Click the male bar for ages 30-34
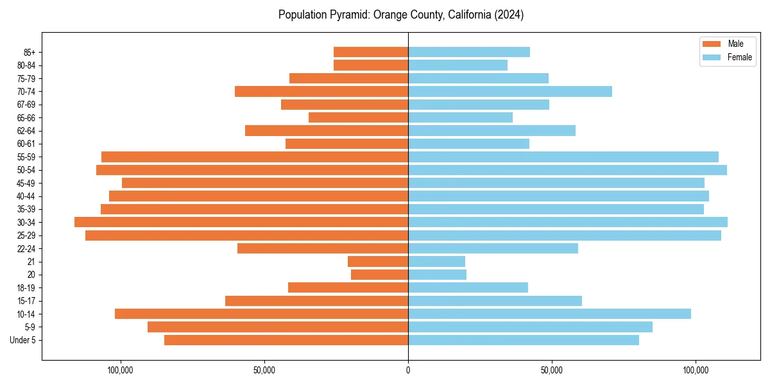pos(241,222)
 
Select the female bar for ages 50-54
pos(567,170)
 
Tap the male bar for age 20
pos(379,275)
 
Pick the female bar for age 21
pos(436,262)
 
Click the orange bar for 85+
pos(371,52)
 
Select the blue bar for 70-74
pos(510,91)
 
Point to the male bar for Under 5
pos(286,340)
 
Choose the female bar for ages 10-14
pos(549,314)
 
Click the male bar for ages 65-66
pos(358,117)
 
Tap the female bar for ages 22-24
pos(493,248)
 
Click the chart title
pos(401,15)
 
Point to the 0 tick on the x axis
pos(408,370)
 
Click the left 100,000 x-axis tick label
pos(120,370)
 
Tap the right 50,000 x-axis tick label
pos(552,370)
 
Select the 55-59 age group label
pos(26,157)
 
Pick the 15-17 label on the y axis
pos(26,301)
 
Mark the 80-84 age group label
pos(26,65)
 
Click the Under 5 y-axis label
pos(23,340)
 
